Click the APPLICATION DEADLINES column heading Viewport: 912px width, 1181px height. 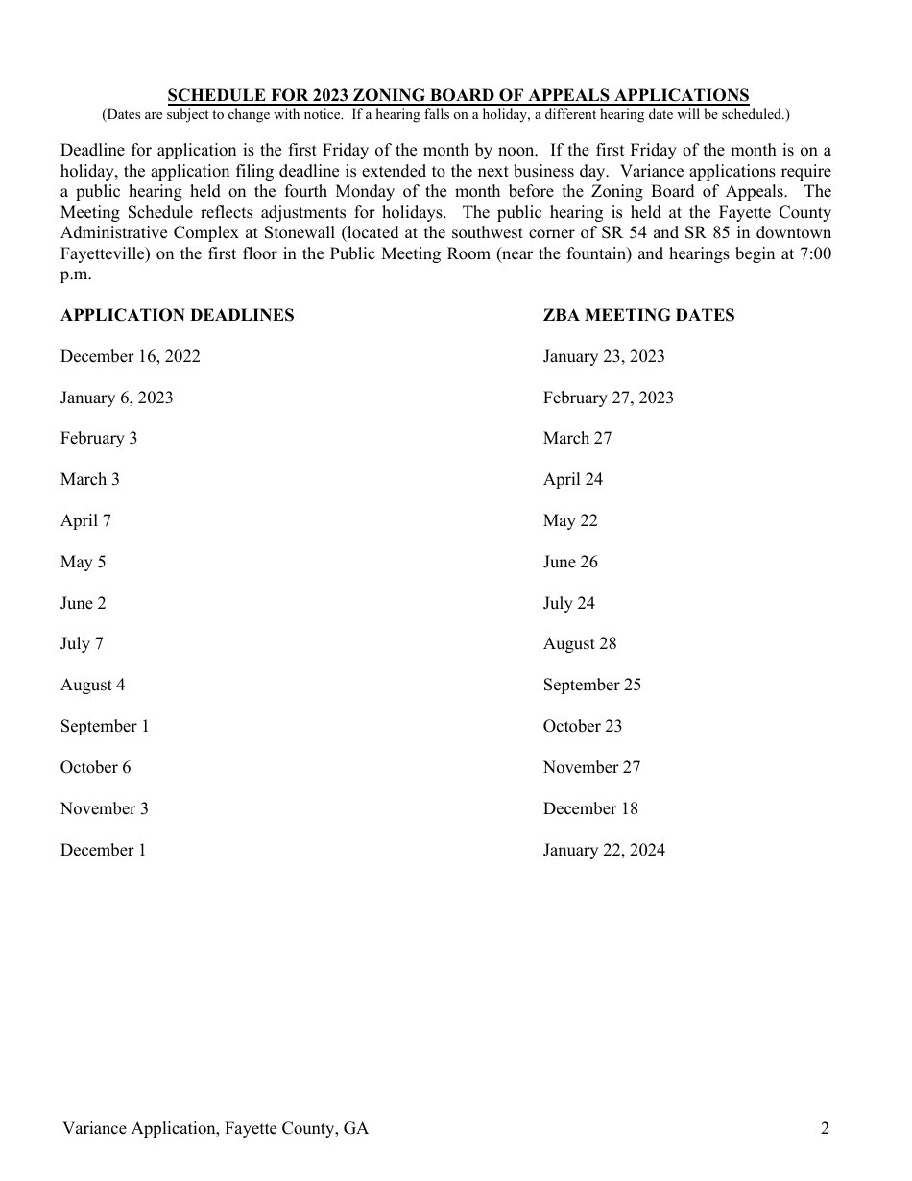pos(177,315)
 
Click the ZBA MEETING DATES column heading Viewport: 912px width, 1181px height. pos(638,315)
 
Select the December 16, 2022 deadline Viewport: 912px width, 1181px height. pos(131,356)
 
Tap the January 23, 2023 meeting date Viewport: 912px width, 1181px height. pos(604,356)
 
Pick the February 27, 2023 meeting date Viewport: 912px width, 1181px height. pos(609,398)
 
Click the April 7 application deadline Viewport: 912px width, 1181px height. pos(85,520)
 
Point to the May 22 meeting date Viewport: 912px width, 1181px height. pos(570,520)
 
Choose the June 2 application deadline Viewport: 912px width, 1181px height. pos(84,603)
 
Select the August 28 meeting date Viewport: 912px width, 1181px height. pos(580,643)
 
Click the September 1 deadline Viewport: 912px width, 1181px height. pos(105,726)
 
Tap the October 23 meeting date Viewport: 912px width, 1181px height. pos(583,726)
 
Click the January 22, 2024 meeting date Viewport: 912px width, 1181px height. pos(604,850)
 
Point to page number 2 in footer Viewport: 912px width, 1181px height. pos(825,1128)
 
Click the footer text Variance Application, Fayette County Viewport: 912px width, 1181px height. pos(215,1128)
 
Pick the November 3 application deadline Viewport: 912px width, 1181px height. pos(105,808)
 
